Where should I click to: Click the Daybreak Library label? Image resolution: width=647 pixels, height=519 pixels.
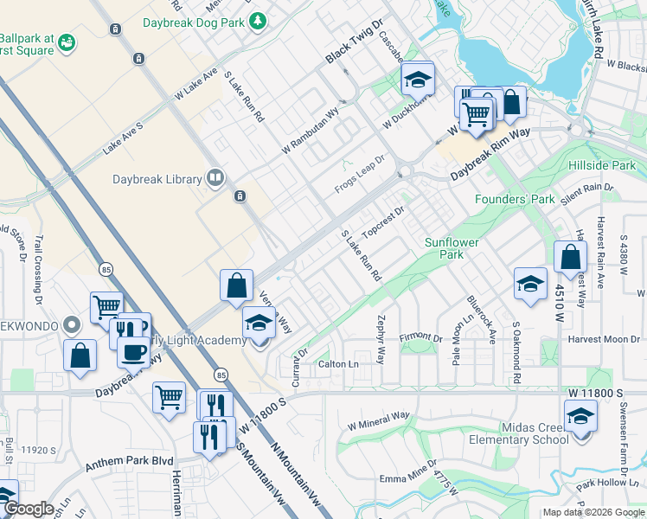[x=157, y=180]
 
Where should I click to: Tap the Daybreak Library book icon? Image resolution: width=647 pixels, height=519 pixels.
[x=215, y=179]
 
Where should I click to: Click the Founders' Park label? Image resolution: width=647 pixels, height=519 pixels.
[x=515, y=200]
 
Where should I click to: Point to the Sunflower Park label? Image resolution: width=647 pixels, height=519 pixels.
[x=451, y=248]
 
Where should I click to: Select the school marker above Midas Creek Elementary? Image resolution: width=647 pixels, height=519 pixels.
[x=580, y=417]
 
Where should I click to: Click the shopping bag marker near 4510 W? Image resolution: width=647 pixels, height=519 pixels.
[x=571, y=258]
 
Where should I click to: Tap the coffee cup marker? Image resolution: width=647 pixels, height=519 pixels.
[x=133, y=352]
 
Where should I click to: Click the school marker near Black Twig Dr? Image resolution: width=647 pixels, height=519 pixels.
[x=418, y=80]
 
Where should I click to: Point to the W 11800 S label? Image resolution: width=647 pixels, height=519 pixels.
[x=596, y=393]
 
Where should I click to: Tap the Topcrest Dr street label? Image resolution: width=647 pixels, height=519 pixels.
[x=384, y=222]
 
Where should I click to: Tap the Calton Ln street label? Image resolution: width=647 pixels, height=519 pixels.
[x=338, y=364]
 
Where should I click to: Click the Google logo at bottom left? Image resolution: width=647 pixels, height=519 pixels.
[x=29, y=509]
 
